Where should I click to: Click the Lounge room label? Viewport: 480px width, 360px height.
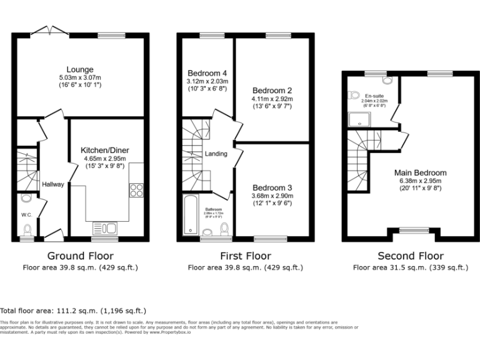click(x=81, y=69)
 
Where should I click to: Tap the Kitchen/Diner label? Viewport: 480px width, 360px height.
click(x=104, y=150)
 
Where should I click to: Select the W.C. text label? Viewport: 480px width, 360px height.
click(x=26, y=215)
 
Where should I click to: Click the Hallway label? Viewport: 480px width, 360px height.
click(x=53, y=184)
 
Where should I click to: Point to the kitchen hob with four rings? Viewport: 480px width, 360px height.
click(x=137, y=190)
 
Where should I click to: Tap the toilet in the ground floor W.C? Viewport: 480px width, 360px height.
click(x=26, y=199)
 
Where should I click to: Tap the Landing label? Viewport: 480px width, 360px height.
click(x=216, y=154)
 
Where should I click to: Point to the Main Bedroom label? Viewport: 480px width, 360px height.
click(x=420, y=173)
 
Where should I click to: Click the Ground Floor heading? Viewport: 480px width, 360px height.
click(x=80, y=256)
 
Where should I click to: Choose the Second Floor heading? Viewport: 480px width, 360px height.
click(x=411, y=256)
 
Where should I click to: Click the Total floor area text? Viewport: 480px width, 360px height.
click(x=73, y=310)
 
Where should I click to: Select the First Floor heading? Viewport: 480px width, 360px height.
click(x=246, y=256)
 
